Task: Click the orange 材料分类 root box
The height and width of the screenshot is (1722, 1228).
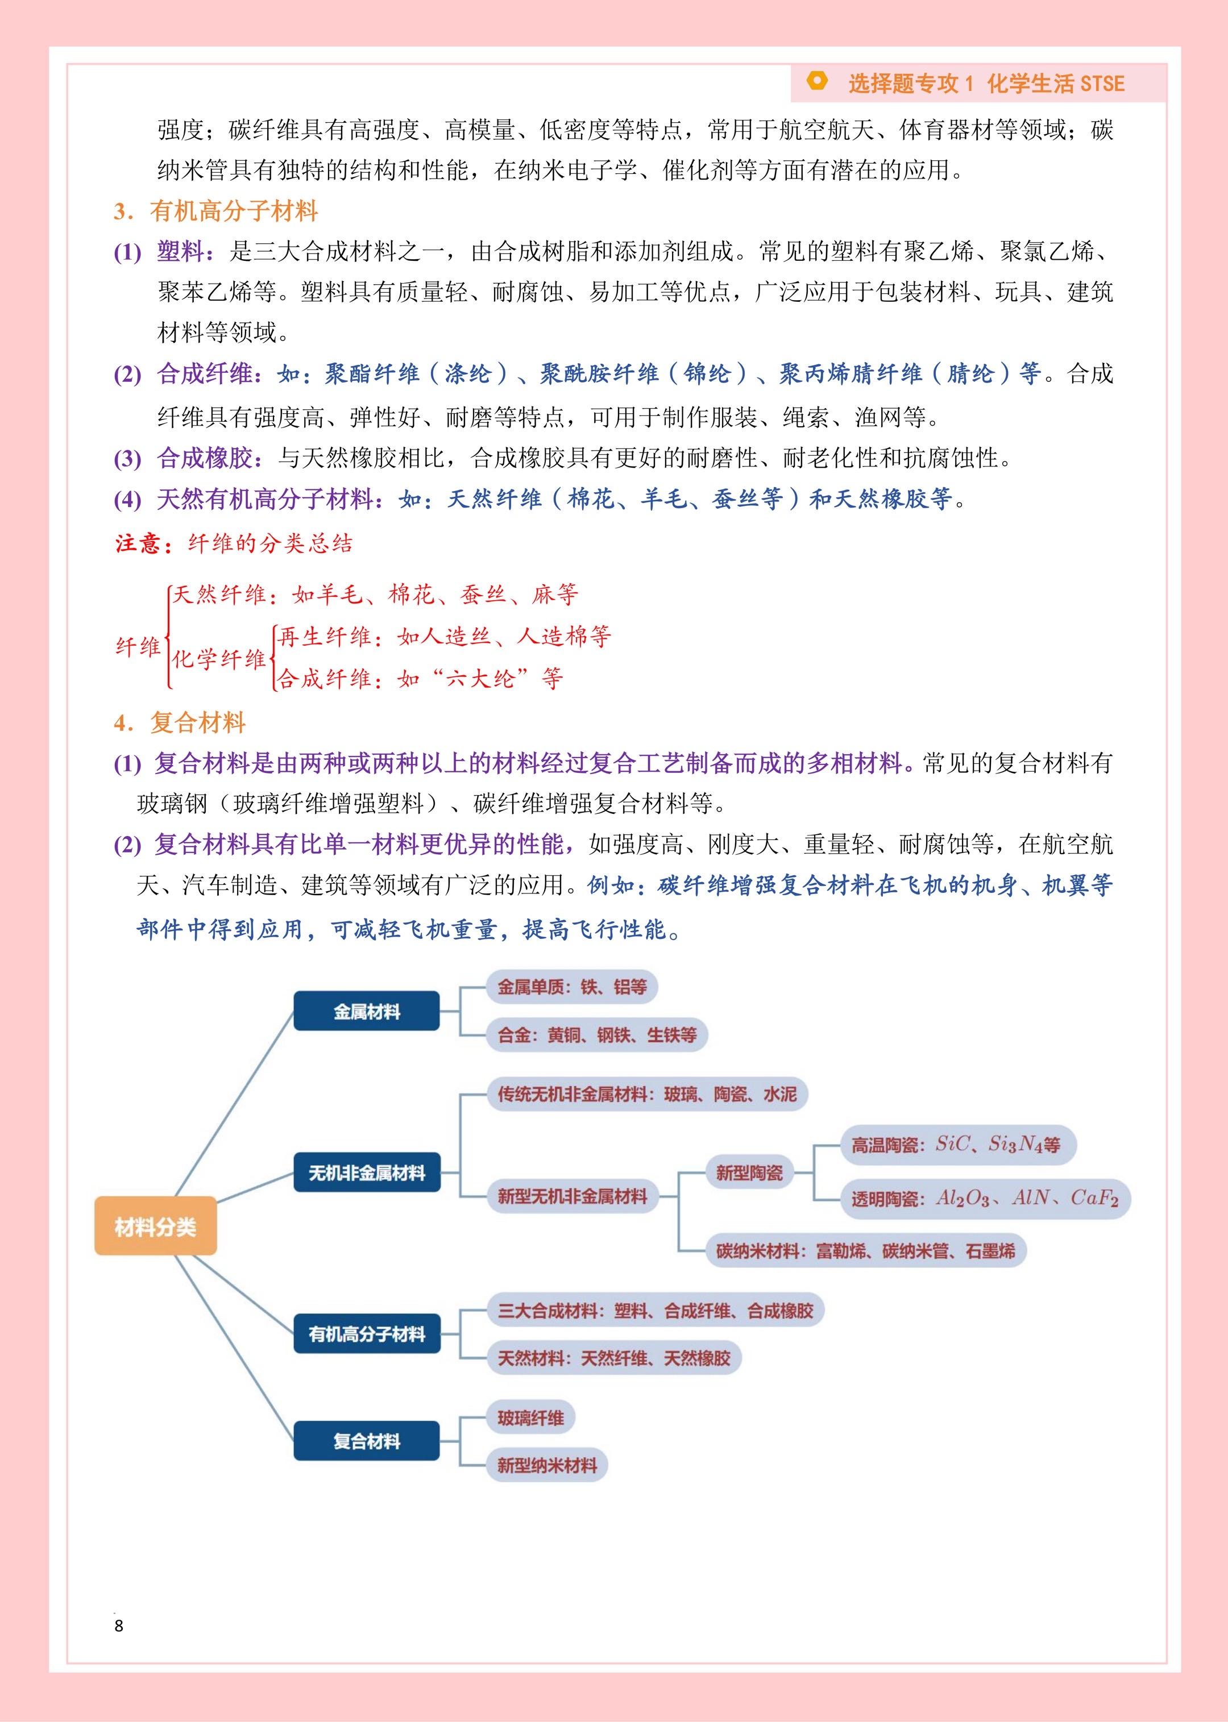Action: click(x=155, y=1226)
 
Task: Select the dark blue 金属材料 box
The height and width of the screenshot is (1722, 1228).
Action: click(x=367, y=1010)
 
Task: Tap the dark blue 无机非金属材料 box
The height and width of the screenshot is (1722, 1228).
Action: click(x=367, y=1172)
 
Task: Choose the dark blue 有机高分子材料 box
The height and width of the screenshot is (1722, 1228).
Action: click(x=367, y=1334)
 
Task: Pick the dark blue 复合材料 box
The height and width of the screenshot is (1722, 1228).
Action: click(x=367, y=1442)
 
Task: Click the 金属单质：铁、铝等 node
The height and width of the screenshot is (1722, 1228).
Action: click(x=572, y=987)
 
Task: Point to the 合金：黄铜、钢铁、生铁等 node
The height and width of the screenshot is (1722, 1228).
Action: click(x=596, y=1035)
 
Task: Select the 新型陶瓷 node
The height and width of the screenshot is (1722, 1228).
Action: click(x=749, y=1172)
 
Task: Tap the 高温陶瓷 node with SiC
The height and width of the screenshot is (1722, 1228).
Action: click(x=957, y=1145)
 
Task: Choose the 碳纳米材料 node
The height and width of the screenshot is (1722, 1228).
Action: click(x=865, y=1250)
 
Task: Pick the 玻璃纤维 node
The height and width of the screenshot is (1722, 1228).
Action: click(x=530, y=1417)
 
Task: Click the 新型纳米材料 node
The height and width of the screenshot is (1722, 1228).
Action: click(x=547, y=1465)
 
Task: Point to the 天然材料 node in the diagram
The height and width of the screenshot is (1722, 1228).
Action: click(x=613, y=1358)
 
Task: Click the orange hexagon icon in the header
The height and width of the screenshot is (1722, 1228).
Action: click(x=816, y=81)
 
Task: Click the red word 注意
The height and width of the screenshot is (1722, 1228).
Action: click(x=138, y=543)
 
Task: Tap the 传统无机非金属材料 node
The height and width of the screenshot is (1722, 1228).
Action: click(x=646, y=1094)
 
